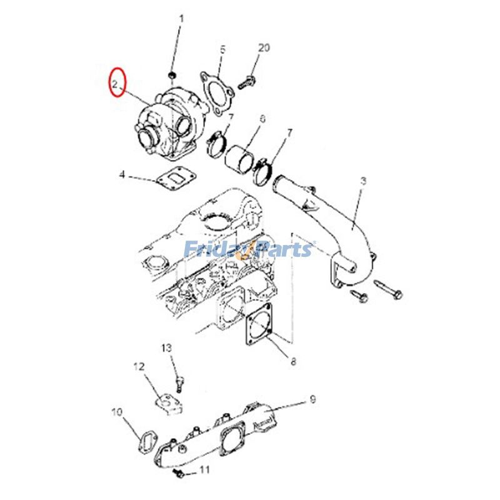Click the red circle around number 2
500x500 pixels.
coord(117,82)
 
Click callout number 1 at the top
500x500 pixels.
coord(182,19)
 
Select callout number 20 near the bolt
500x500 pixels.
coord(264,48)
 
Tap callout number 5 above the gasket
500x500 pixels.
coord(222,49)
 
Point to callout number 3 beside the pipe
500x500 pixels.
coord(363,182)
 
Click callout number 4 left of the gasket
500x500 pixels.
coord(123,175)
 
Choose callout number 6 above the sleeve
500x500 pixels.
coord(262,119)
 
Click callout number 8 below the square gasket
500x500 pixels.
coord(292,361)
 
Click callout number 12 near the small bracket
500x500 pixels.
coord(139,367)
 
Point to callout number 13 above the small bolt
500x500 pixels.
coord(166,347)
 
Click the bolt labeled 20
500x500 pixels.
coord(247,80)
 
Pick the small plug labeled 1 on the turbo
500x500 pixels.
coord(172,76)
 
